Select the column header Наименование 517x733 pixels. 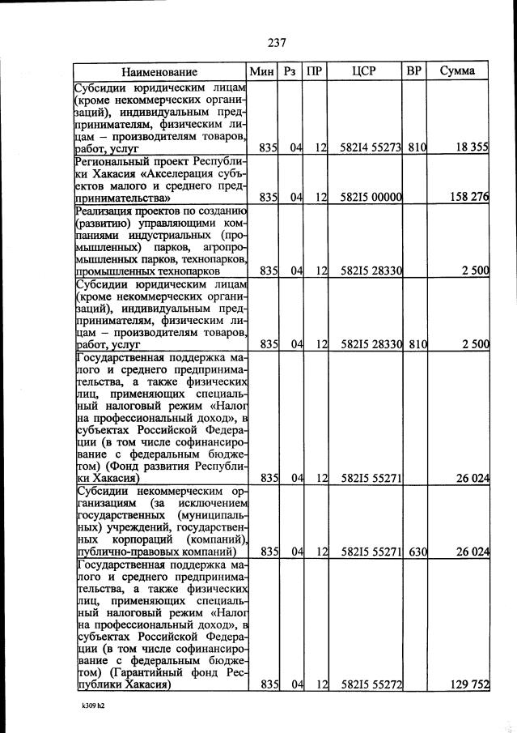click(x=159, y=71)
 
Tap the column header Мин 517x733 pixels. click(x=263, y=71)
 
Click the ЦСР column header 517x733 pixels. click(x=365, y=71)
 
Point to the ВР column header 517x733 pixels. click(x=414, y=71)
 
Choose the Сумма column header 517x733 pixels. click(x=458, y=71)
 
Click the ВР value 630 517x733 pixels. click(x=417, y=552)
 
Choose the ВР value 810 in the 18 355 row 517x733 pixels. click(x=417, y=147)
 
